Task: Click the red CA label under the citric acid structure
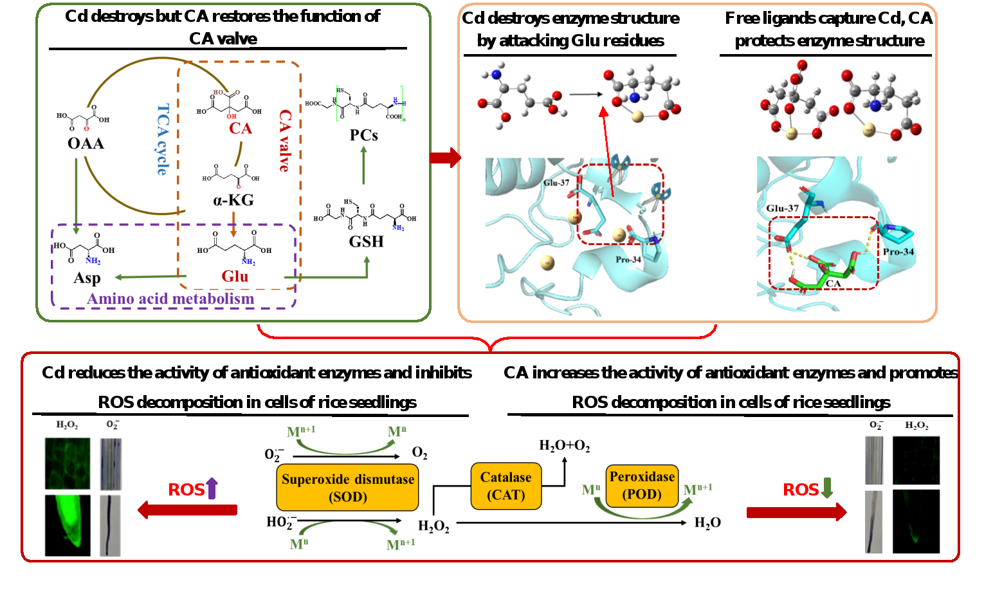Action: point(241,128)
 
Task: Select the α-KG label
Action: point(233,200)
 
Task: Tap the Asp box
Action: point(87,277)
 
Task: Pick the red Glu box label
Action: point(235,276)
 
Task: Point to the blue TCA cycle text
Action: point(163,139)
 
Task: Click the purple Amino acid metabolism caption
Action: point(170,299)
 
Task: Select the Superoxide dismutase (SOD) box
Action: point(347,487)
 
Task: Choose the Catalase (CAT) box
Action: point(506,486)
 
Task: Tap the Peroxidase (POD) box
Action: point(642,485)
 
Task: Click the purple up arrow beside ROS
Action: point(212,488)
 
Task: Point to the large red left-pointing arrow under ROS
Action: point(187,510)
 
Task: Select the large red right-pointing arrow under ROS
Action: point(796,512)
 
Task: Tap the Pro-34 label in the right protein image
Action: point(898,252)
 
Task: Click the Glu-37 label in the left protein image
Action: point(556,183)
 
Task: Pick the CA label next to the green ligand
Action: point(834,283)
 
